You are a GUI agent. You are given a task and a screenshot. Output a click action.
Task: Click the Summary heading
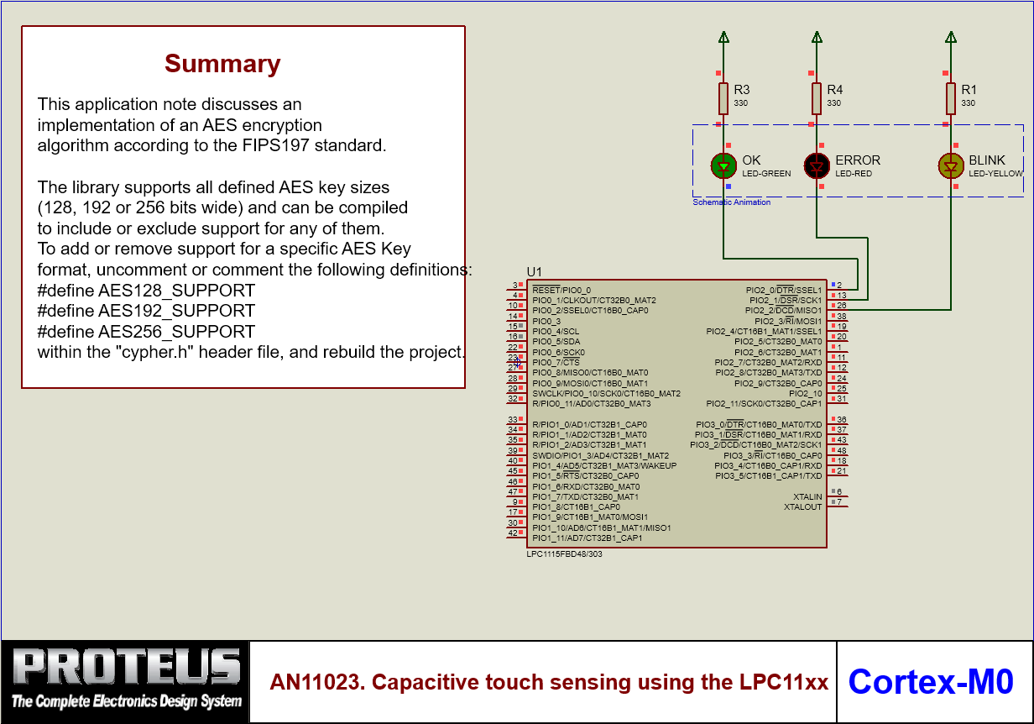tap(222, 64)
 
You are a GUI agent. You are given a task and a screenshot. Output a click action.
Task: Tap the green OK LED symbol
tap(723, 165)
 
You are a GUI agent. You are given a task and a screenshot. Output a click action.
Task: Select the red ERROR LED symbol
tap(817, 165)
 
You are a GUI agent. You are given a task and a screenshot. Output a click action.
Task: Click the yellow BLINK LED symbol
tap(951, 165)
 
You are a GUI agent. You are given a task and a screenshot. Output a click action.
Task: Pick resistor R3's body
tap(723, 98)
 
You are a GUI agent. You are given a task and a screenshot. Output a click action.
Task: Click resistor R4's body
tap(817, 98)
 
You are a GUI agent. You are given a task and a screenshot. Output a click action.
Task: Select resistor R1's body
tap(951, 98)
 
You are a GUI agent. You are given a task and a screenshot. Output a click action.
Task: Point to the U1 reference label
tap(535, 271)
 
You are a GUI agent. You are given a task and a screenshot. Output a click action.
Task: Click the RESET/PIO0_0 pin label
tap(561, 290)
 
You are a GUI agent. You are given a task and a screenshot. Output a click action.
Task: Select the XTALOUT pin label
tap(803, 507)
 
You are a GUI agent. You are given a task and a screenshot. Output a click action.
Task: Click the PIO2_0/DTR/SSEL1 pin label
tap(784, 290)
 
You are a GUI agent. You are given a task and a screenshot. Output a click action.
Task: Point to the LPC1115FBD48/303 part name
tap(564, 554)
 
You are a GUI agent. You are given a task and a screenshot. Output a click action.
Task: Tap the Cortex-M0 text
tap(931, 681)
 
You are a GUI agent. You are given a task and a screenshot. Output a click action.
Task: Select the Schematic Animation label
tap(732, 202)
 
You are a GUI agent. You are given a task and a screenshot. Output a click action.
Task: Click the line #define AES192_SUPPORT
tap(146, 311)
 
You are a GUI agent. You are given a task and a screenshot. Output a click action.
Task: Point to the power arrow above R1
tap(951, 37)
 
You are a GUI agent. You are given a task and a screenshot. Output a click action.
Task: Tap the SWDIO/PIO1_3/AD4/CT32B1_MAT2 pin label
tap(601, 455)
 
